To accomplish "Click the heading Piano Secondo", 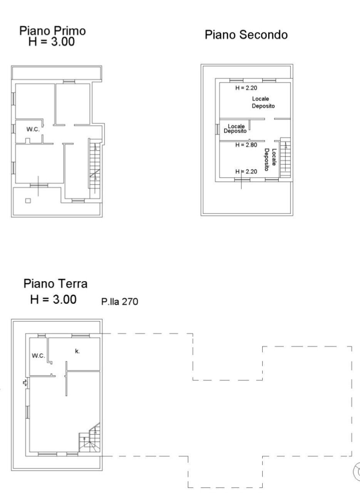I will tap(246, 35).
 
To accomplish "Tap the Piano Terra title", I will tap(55, 284).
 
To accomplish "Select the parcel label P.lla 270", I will tap(119, 302).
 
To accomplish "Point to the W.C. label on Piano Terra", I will tap(39, 355).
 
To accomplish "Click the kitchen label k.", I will tap(77, 351).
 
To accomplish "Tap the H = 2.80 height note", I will tap(246, 145).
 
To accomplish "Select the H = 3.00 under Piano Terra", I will tap(53, 299).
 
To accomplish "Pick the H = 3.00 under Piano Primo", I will tap(52, 42).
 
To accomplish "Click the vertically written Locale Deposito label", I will tap(270, 159).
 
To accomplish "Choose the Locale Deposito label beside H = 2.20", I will tap(263, 102).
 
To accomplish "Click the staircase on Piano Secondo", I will tap(285, 158).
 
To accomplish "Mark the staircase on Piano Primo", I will tap(95, 166).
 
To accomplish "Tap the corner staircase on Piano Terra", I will tap(90, 440).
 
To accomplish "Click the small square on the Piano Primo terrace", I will tap(28, 200).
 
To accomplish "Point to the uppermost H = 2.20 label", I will tap(246, 88).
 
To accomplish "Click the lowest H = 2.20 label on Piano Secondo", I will tap(246, 172).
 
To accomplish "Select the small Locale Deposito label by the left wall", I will tap(236, 129).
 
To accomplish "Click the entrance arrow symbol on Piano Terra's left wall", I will tap(25, 382).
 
